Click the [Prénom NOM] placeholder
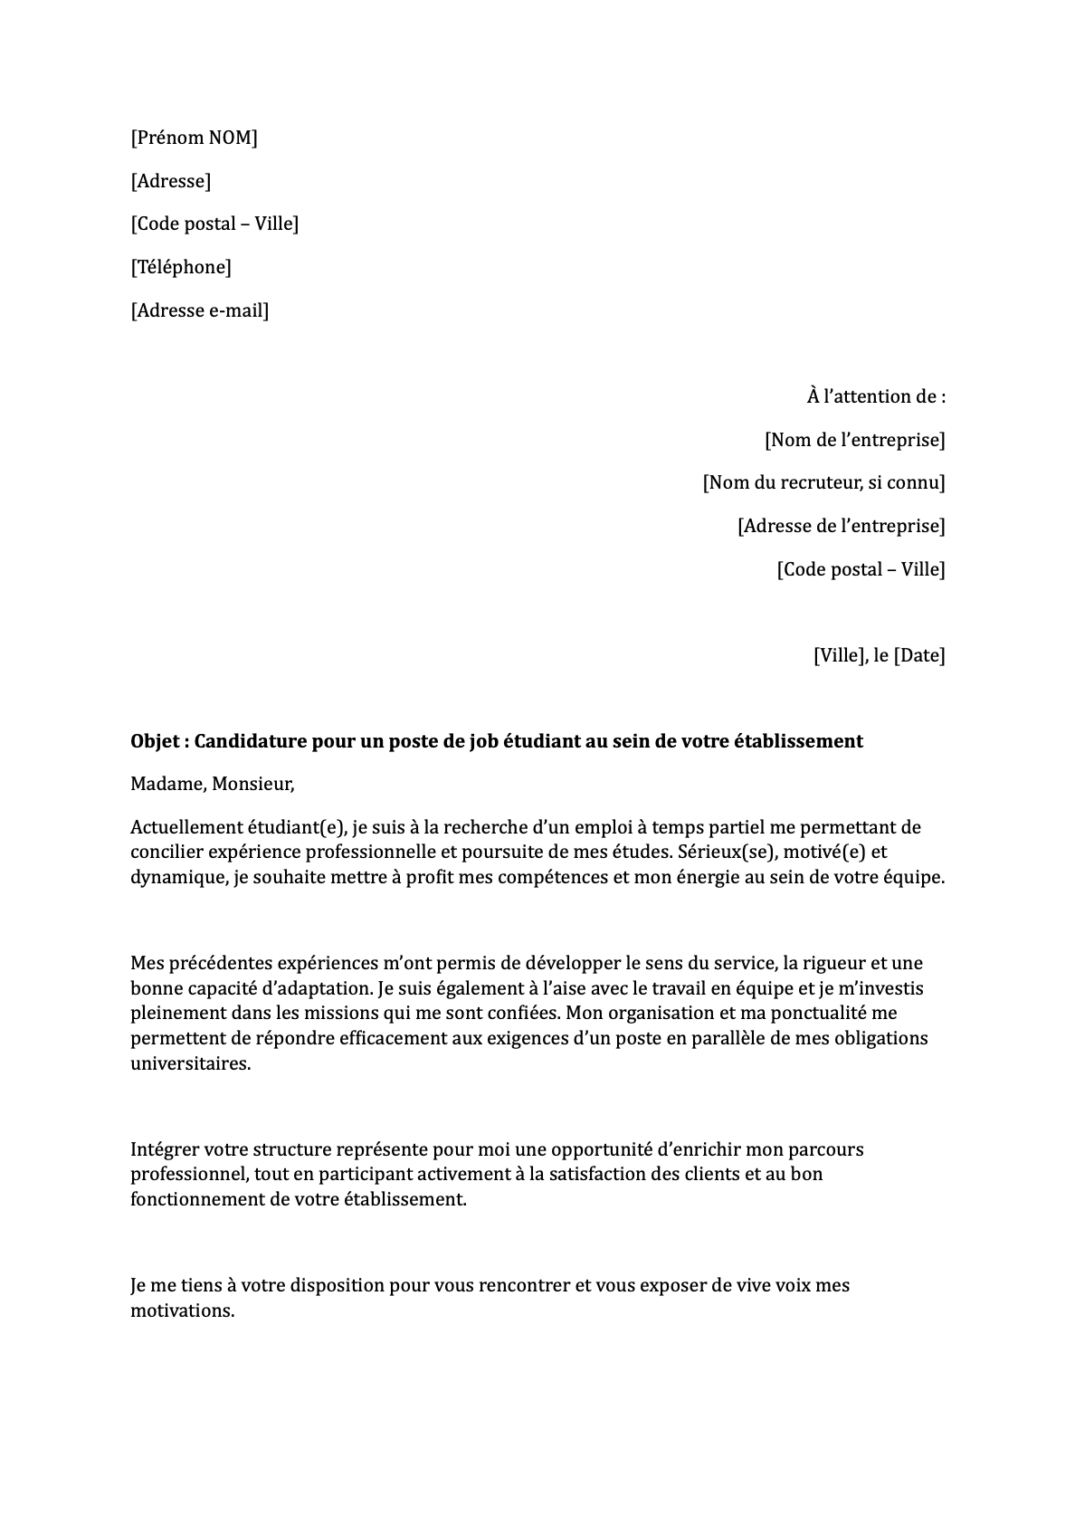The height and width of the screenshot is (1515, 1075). tap(194, 138)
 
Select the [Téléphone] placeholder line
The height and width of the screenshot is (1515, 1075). tap(181, 267)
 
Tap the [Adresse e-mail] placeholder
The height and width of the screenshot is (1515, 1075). tap(200, 310)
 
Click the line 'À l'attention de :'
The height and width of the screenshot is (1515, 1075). tap(876, 396)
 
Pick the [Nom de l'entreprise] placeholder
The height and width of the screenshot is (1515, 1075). tap(854, 440)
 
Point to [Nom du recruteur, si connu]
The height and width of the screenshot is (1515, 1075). tap(823, 482)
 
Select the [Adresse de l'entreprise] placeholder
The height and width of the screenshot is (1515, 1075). tap(841, 526)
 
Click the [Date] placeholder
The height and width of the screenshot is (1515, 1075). tap(919, 655)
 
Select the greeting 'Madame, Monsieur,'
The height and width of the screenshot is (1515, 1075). tap(213, 785)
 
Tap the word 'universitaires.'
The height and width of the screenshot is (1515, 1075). tap(190, 1063)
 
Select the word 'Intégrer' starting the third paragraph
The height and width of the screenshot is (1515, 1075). tap(165, 1149)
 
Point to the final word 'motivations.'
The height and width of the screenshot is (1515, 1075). tap(182, 1310)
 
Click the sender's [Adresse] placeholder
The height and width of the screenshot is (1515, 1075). tap(171, 181)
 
